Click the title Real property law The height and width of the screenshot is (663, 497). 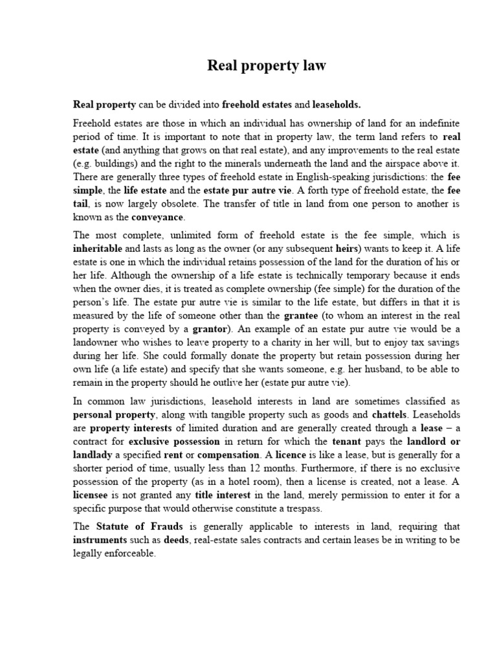(x=267, y=65)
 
